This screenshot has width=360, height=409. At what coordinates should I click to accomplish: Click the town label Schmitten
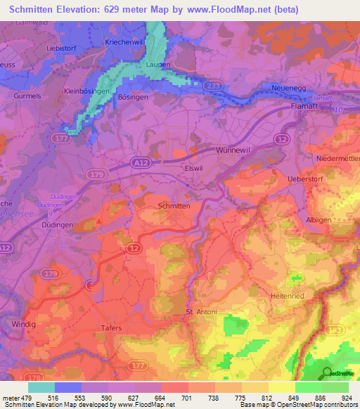[175, 206]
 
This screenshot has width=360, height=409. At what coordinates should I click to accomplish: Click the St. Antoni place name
[202, 312]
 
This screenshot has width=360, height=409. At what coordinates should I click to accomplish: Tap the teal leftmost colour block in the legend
[41, 387]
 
